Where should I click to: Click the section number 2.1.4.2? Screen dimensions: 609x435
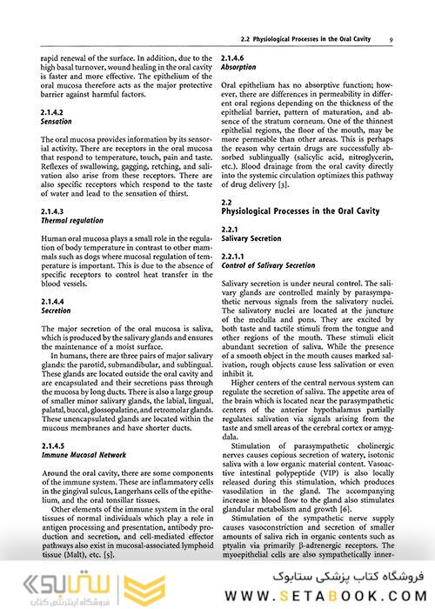[x=56, y=113]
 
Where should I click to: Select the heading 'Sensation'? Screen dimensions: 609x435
[x=57, y=123]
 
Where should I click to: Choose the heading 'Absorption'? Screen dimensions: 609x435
[x=238, y=66]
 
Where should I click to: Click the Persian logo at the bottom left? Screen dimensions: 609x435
[x=48, y=581]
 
